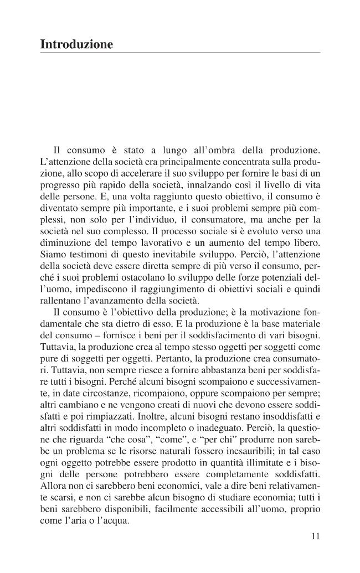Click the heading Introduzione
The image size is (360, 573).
[76, 44]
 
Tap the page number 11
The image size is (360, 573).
[315, 535]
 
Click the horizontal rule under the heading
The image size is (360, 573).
[180, 53]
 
